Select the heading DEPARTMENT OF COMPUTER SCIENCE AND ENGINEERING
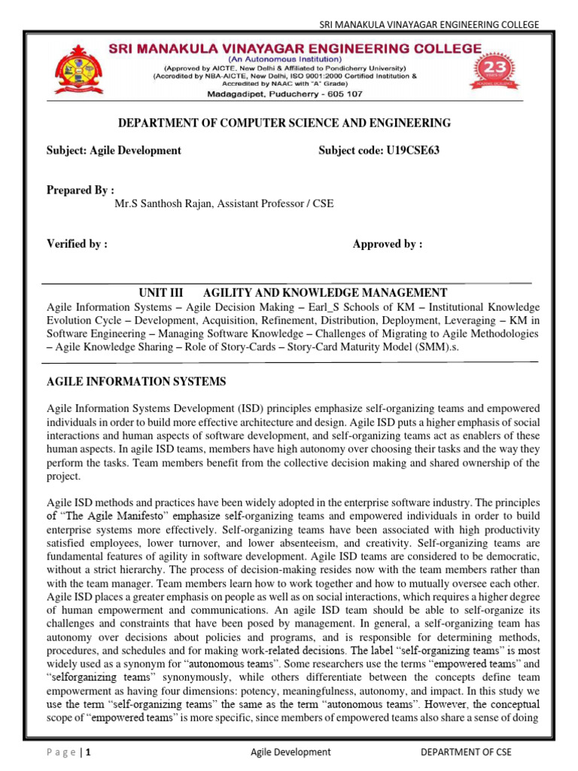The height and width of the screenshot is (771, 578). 286,123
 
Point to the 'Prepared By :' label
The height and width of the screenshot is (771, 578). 81,190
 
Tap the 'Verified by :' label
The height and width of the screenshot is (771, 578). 77,244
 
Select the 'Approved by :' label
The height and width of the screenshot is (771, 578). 388,244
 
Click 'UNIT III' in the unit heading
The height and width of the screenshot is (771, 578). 161,293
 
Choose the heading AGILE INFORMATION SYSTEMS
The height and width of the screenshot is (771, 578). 136,382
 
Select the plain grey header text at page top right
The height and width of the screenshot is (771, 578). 429,25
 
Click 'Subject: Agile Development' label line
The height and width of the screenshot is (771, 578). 114,151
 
